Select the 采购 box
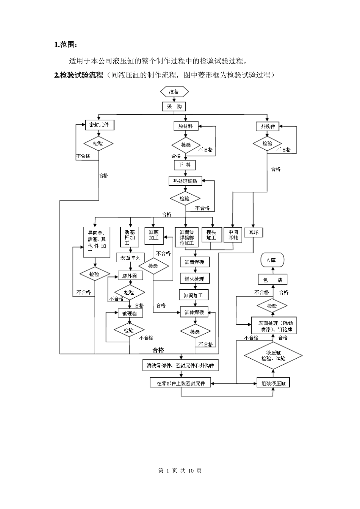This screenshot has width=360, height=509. pyautogui.click(x=174, y=106)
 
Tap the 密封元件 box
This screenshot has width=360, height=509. pyautogui.click(x=99, y=125)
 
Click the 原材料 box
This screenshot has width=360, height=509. pyautogui.click(x=186, y=126)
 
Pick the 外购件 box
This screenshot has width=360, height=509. pyautogui.click(x=268, y=126)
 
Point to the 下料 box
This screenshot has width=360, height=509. pyautogui.click(x=185, y=165)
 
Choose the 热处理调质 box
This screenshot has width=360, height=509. pyautogui.click(x=185, y=181)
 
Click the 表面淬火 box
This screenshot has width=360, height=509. pyautogui.click(x=130, y=258)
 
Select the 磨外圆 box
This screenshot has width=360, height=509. pyautogui.click(x=130, y=276)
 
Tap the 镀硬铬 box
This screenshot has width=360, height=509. pyautogui.click(x=130, y=313)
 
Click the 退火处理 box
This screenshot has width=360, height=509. pyautogui.click(x=194, y=279)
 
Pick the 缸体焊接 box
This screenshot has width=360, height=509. pyautogui.click(x=194, y=312)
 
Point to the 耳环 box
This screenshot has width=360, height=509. pyautogui.click(x=254, y=233)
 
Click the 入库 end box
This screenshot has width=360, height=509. pyautogui.click(x=271, y=260)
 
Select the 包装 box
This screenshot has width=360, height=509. pyautogui.click(x=272, y=280)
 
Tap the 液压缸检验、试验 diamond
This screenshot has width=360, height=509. pyautogui.click(x=273, y=355)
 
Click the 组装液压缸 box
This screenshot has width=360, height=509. pyautogui.click(x=273, y=383)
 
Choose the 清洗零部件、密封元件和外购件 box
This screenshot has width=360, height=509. pyautogui.click(x=180, y=365)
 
